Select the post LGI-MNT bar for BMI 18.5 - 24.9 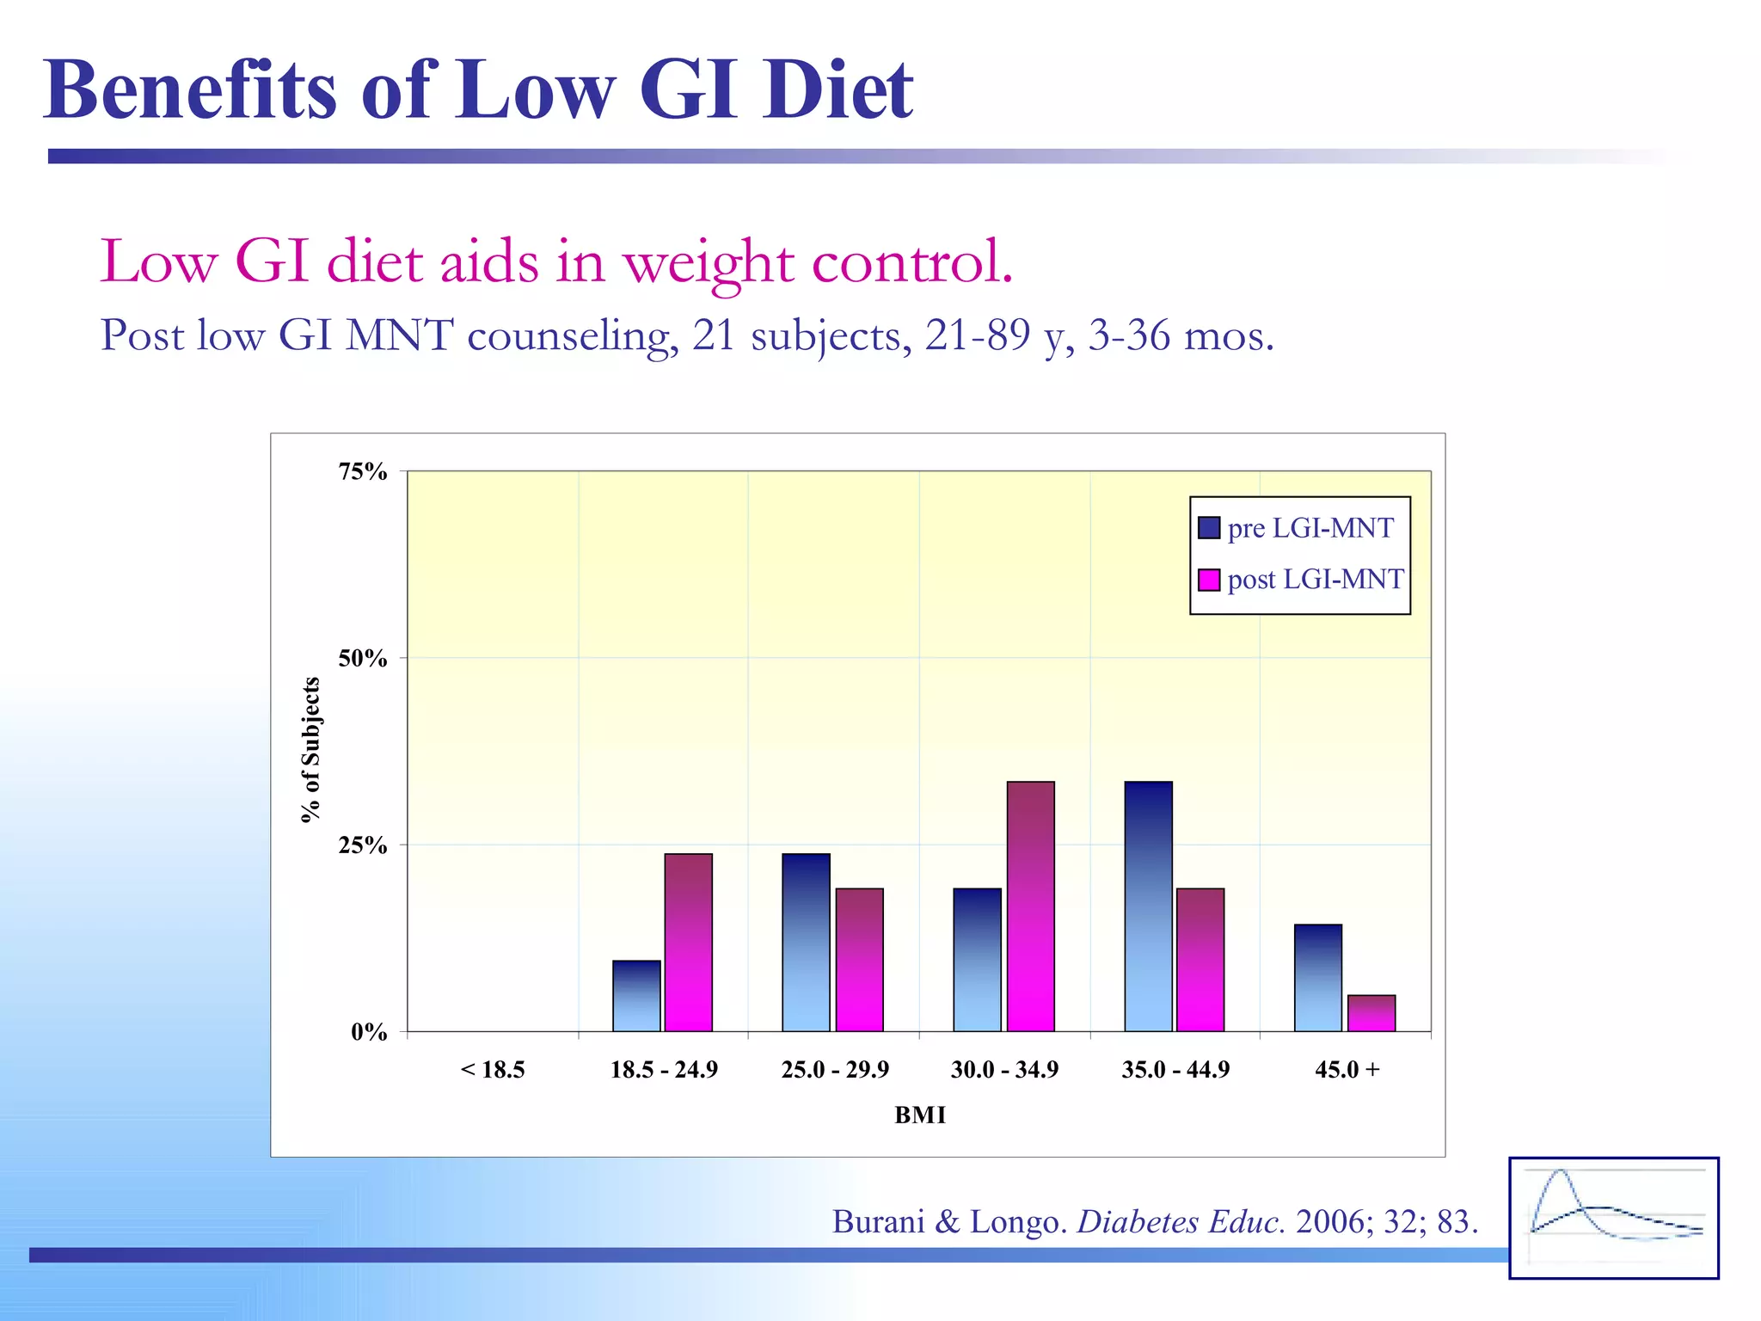pyautogui.click(x=688, y=943)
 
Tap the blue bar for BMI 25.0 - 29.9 pyautogui.click(x=806, y=943)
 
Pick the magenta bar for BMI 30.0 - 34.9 pyautogui.click(x=1030, y=906)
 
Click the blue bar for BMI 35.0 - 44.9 pyautogui.click(x=1148, y=906)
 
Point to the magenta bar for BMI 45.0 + pyautogui.click(x=1371, y=1013)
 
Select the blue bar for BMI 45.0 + pyautogui.click(x=1317, y=978)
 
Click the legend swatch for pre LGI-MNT pyautogui.click(x=1209, y=527)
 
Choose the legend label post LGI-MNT pyautogui.click(x=1315, y=579)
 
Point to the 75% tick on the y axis pyautogui.click(x=363, y=471)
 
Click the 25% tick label pyautogui.click(x=363, y=845)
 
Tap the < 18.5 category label pyautogui.click(x=493, y=1070)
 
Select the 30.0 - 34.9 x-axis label pyautogui.click(x=1004, y=1070)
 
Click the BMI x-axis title pyautogui.click(x=919, y=1115)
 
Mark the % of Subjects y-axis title pyautogui.click(x=310, y=750)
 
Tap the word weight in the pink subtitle pyautogui.click(x=709, y=262)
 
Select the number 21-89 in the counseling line pyautogui.click(x=978, y=335)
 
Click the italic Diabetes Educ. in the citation pyautogui.click(x=1181, y=1221)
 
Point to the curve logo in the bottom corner pyautogui.click(x=1613, y=1218)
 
